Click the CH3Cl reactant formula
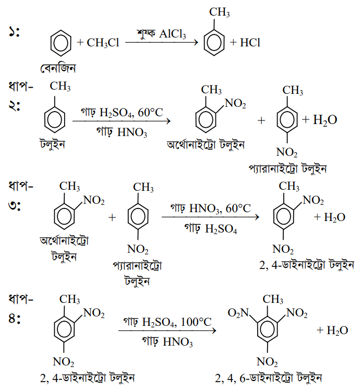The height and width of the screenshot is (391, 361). coord(103,43)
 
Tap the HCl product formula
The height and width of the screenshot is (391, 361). coord(250,43)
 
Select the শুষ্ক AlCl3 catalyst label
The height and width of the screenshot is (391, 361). coord(161,34)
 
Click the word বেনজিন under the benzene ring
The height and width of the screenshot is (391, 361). coord(58,68)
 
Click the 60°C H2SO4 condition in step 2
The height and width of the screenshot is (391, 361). coord(122,113)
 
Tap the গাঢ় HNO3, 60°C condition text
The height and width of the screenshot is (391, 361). coord(210,208)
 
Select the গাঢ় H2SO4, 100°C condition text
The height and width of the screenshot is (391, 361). coord(167,322)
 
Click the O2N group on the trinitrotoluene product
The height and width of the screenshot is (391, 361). coord(238,313)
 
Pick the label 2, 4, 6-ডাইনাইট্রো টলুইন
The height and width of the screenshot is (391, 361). coord(269,378)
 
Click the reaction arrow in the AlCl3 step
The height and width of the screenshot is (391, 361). coord(162,42)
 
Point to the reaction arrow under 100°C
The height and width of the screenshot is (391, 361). coord(167,331)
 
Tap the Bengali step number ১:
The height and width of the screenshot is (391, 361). coord(14,32)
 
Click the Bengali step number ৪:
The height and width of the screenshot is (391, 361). coord(14,319)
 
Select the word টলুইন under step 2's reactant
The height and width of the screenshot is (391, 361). coord(52,144)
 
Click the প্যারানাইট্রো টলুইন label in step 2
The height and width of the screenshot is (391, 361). coord(287,169)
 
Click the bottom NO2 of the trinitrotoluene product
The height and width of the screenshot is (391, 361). coord(267,362)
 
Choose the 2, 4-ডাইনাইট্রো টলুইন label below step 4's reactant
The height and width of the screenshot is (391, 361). coord(87,378)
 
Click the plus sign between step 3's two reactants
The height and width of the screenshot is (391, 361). coord(112,217)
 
